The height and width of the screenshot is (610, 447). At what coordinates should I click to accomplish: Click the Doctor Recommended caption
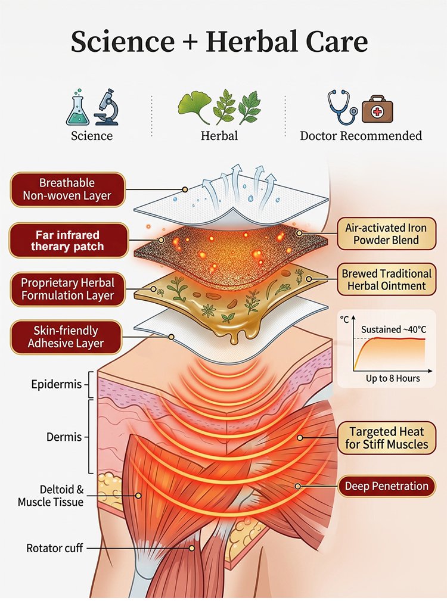click(x=361, y=136)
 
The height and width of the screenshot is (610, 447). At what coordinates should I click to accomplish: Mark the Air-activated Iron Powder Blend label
click(x=381, y=234)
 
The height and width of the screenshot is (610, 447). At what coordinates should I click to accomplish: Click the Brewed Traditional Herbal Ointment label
click(x=386, y=280)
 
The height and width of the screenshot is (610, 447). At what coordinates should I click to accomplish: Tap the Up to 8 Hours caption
click(x=392, y=378)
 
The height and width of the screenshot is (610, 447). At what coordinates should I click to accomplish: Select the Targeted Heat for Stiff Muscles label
click(x=389, y=438)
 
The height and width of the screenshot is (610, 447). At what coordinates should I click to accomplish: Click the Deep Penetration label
click(x=386, y=486)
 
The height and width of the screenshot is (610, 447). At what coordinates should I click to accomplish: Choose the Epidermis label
click(x=56, y=384)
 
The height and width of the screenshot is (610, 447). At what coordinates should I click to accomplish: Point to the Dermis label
click(x=64, y=437)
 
